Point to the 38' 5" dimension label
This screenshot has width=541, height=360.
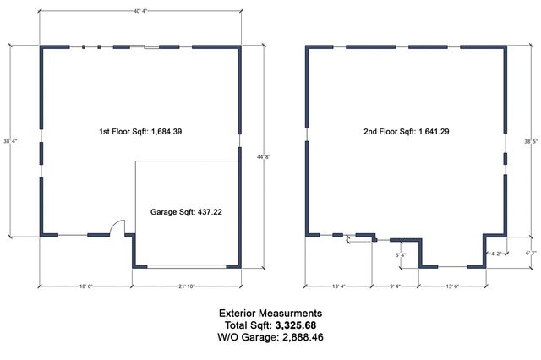coord(531,141)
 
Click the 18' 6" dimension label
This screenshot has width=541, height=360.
coord(85,286)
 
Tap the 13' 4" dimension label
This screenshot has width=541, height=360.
coord(339,286)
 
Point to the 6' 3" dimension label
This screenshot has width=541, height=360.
coord(530,252)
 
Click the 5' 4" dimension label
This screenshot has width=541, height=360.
coord(401,254)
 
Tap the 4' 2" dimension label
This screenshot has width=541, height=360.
coord(498,253)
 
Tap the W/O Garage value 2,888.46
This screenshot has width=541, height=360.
coord(296,337)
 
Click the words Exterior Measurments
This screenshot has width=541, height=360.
coord(270,313)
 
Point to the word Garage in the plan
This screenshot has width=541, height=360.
coord(163,212)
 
